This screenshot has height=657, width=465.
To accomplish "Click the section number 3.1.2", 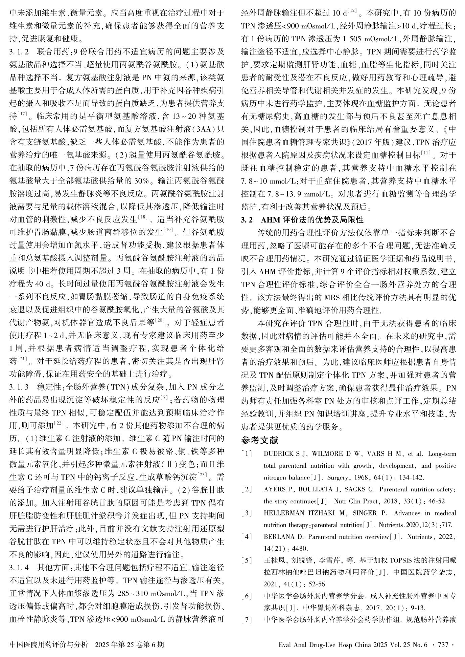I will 20,52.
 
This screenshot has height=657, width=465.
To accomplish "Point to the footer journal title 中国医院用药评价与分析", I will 49,644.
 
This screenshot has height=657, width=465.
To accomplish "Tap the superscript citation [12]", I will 351,12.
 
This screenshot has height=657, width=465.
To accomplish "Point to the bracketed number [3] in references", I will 247,513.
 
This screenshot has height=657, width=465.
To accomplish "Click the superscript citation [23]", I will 202,475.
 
